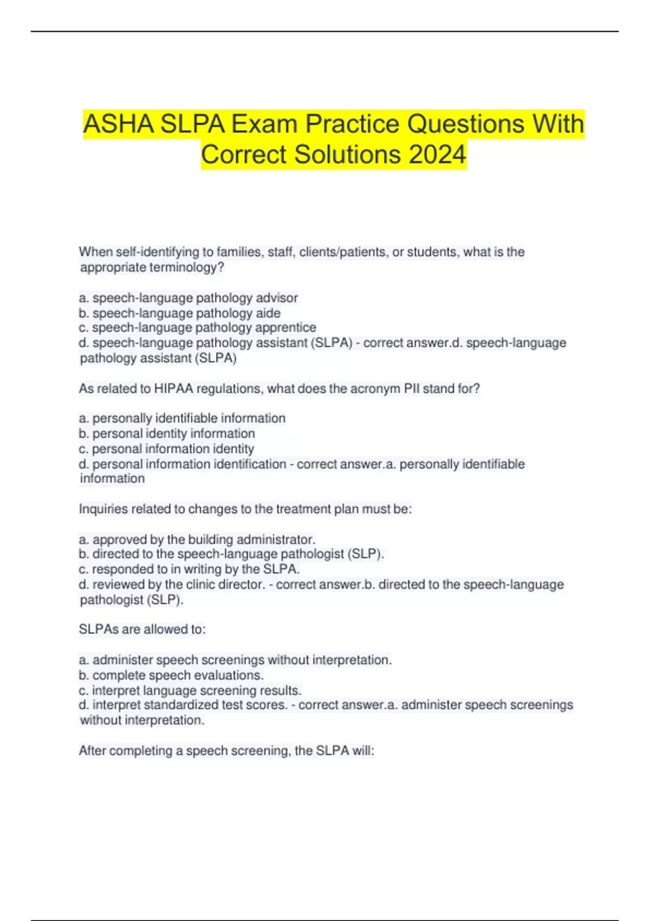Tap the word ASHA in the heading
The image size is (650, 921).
tap(118, 124)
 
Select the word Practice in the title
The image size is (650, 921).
tap(352, 124)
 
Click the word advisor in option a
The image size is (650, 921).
tap(277, 298)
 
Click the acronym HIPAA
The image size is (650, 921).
tap(173, 388)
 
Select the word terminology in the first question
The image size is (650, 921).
tap(183, 267)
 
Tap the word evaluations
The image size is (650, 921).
tap(229, 676)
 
